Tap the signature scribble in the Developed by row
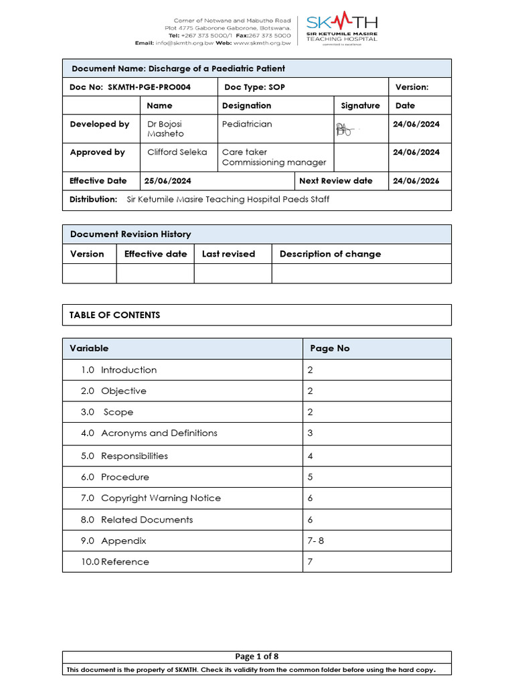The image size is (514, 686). [x=344, y=129]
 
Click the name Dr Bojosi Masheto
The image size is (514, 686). [x=165, y=129]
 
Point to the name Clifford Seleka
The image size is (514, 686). [x=177, y=152]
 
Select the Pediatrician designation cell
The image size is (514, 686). [x=247, y=124]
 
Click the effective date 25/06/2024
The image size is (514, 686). [x=167, y=181]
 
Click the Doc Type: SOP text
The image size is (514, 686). [x=254, y=87]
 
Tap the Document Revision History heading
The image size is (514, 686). [x=131, y=234]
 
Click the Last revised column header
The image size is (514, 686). [x=228, y=254]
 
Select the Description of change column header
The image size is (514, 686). [x=330, y=254]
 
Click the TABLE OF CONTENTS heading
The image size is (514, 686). [x=114, y=315]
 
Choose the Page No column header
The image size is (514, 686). [x=329, y=348]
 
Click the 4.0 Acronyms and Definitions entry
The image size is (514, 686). [x=149, y=433]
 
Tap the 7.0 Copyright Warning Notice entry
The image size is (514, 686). [x=151, y=498]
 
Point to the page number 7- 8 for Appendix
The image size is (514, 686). [x=315, y=541]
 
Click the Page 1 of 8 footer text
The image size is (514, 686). [x=257, y=657]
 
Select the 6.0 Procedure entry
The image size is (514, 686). [x=115, y=477]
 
